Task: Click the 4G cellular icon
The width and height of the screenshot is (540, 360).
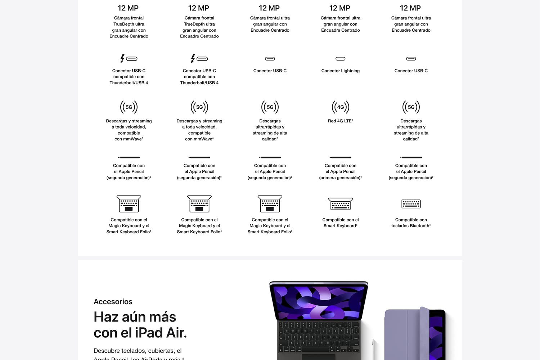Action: pos(340,107)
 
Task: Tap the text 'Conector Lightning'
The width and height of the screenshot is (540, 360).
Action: pos(340,71)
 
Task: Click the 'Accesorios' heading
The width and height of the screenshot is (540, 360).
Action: pos(113,302)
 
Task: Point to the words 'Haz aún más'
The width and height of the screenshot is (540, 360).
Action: pos(135,317)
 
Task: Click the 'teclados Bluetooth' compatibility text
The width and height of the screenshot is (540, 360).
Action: pos(411,226)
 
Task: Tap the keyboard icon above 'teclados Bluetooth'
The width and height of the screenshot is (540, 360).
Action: pos(411,204)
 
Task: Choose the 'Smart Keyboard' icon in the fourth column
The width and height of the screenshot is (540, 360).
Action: pos(340,204)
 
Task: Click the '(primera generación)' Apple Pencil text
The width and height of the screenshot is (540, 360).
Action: pos(340,177)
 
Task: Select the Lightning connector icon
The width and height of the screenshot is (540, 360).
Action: pos(340,59)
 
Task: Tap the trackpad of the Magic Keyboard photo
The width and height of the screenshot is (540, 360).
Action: pos(319,357)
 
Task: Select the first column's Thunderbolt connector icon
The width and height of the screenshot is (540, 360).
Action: pos(129,59)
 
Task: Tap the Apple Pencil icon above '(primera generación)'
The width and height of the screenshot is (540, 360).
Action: pos(340,157)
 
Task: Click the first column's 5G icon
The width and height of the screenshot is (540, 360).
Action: pos(129,107)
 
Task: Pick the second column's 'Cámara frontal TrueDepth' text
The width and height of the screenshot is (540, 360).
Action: pos(199,21)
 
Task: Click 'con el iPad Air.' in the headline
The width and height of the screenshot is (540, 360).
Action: pos(140,333)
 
